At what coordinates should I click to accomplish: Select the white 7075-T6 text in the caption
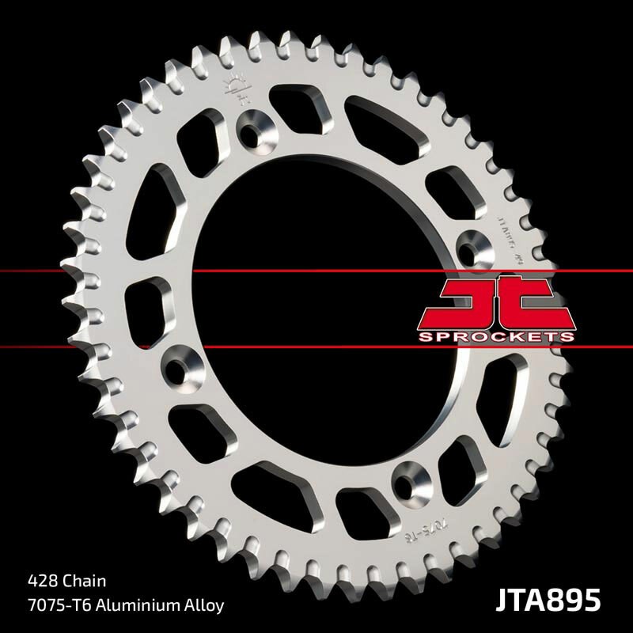[x=48, y=603]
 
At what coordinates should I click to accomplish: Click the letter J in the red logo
[x=468, y=303]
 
